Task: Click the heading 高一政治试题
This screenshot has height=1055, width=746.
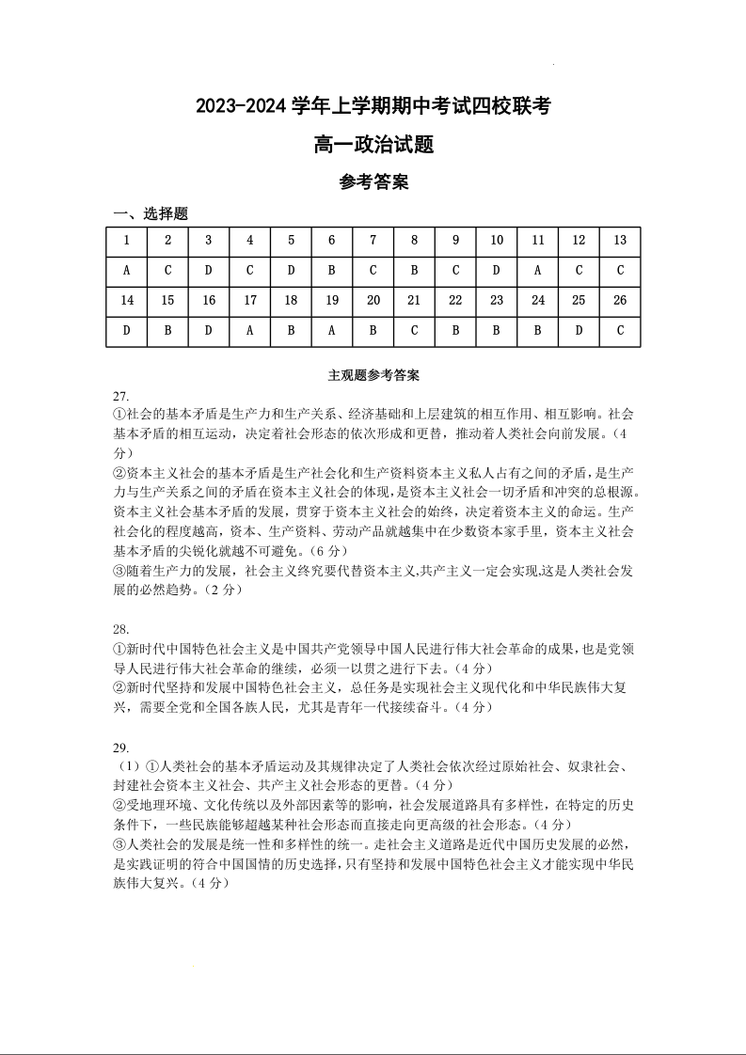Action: pos(373,145)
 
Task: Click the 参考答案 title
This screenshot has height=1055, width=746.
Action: pos(373,182)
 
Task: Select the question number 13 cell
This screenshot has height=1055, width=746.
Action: pos(619,240)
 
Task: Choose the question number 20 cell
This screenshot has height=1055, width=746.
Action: pos(373,300)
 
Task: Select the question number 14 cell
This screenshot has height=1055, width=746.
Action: pos(126,300)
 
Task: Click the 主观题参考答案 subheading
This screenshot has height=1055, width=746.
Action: pos(373,375)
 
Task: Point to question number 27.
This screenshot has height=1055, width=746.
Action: pos(120,395)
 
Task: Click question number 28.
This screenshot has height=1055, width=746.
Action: pos(120,629)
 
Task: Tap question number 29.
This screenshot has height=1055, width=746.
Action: pos(120,748)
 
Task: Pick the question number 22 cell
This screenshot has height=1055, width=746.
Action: pos(455,300)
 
